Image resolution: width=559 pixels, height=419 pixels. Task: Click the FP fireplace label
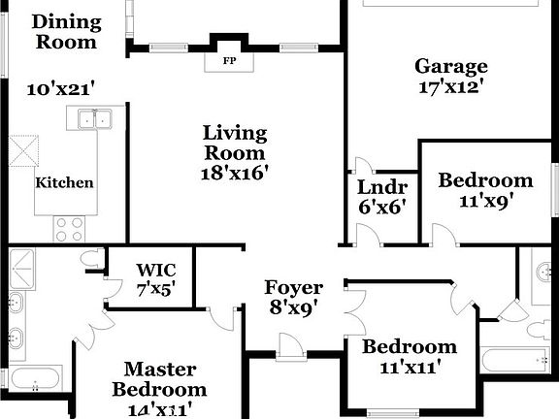coord(230,61)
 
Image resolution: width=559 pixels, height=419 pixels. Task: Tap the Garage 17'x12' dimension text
coord(450,87)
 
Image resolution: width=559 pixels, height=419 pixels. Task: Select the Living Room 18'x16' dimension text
coord(234,174)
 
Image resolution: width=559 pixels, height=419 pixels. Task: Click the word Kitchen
coord(64,182)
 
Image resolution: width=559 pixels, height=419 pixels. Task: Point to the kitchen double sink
coord(95,118)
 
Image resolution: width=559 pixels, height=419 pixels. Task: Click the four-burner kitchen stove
coord(70,229)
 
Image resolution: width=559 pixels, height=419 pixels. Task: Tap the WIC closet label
coord(156,270)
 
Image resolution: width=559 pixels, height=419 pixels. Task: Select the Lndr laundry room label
coord(382,187)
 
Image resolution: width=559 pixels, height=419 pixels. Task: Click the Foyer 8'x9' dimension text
coord(293,307)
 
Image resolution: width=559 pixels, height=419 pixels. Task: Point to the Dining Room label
coord(67,32)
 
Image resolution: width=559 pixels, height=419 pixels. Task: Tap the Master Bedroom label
coord(160,379)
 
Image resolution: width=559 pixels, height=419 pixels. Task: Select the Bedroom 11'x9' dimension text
coord(486,202)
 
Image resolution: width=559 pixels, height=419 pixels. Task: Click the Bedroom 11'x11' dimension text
coord(409,367)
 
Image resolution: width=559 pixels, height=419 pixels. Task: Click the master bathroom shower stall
coord(21,270)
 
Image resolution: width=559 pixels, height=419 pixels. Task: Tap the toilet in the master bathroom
coord(90,258)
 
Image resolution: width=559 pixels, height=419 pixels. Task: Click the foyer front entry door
coord(291,346)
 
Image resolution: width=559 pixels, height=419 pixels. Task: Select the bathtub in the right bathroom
coord(514,360)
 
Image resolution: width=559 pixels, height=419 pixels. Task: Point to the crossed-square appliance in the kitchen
coord(24,150)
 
